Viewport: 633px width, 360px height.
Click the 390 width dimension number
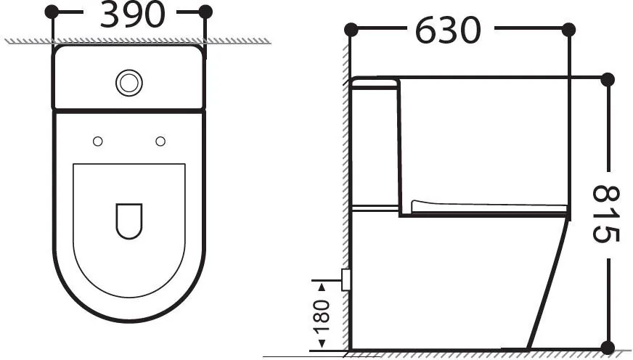pos(132,15)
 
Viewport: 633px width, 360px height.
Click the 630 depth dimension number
pos(448,30)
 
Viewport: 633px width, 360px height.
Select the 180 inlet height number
pos(322,316)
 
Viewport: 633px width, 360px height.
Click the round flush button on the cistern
pos(129,83)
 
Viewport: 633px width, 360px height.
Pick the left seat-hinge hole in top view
pos(98,142)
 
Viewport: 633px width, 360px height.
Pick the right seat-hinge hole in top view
pos(160,142)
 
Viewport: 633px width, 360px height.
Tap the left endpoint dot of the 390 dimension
pos(52,12)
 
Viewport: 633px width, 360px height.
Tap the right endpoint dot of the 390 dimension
pos(205,12)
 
